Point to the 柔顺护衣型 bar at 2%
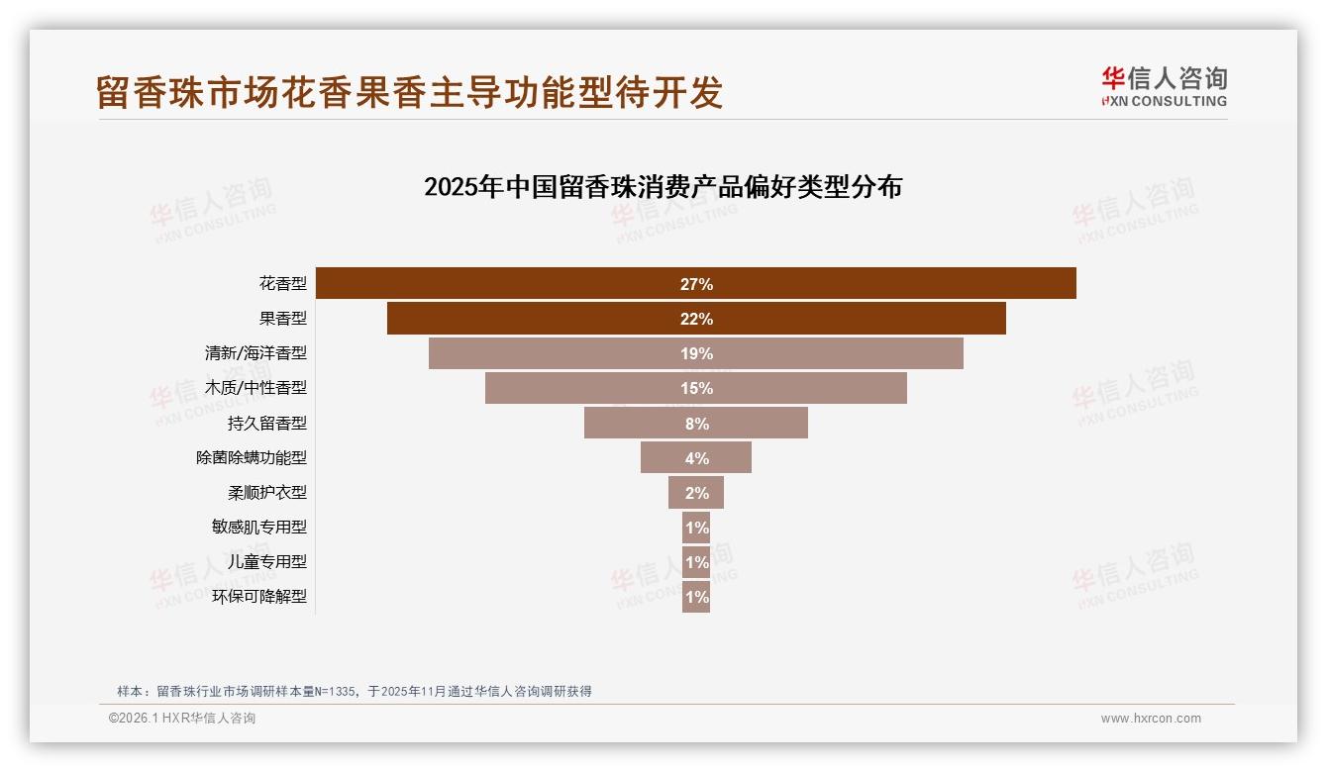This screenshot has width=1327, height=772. pos(696,493)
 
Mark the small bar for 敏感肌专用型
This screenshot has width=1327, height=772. pos(696,528)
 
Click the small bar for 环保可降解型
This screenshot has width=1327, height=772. pos(696,597)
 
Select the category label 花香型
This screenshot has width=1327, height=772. pos(283,284)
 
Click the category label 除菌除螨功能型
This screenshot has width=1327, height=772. pos(252,457)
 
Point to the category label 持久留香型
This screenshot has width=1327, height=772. pos(266,423)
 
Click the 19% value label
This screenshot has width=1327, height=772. pos(696,353)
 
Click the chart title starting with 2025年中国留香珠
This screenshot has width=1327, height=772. pos(663,186)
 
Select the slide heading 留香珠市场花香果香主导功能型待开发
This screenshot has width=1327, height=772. pos(410,92)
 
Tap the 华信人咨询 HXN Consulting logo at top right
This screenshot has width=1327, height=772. pos(1164,86)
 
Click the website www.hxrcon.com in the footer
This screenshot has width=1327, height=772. pos(1151,719)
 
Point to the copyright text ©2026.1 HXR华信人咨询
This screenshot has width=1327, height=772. pos(182,719)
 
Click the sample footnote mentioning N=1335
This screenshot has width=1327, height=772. pos(355,691)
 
